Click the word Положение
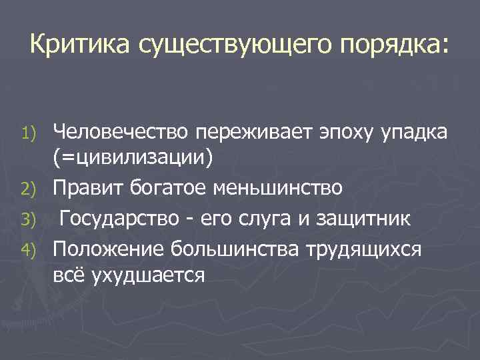pyautogui.click(x=108, y=247)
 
